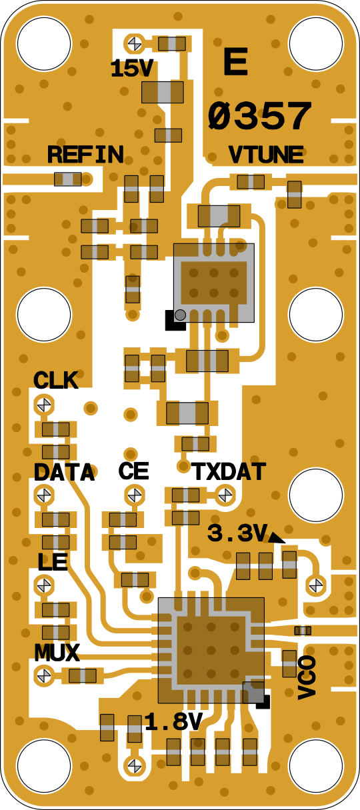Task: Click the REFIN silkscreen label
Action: coord(85,155)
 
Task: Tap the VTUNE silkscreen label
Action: coord(266,155)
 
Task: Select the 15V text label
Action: coord(132,69)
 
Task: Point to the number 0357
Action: coord(259,116)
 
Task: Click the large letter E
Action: coord(235,62)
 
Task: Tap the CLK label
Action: coord(55,380)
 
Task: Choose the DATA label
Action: coord(65,472)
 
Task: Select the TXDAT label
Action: coord(229,472)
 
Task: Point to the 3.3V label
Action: coord(237,533)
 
